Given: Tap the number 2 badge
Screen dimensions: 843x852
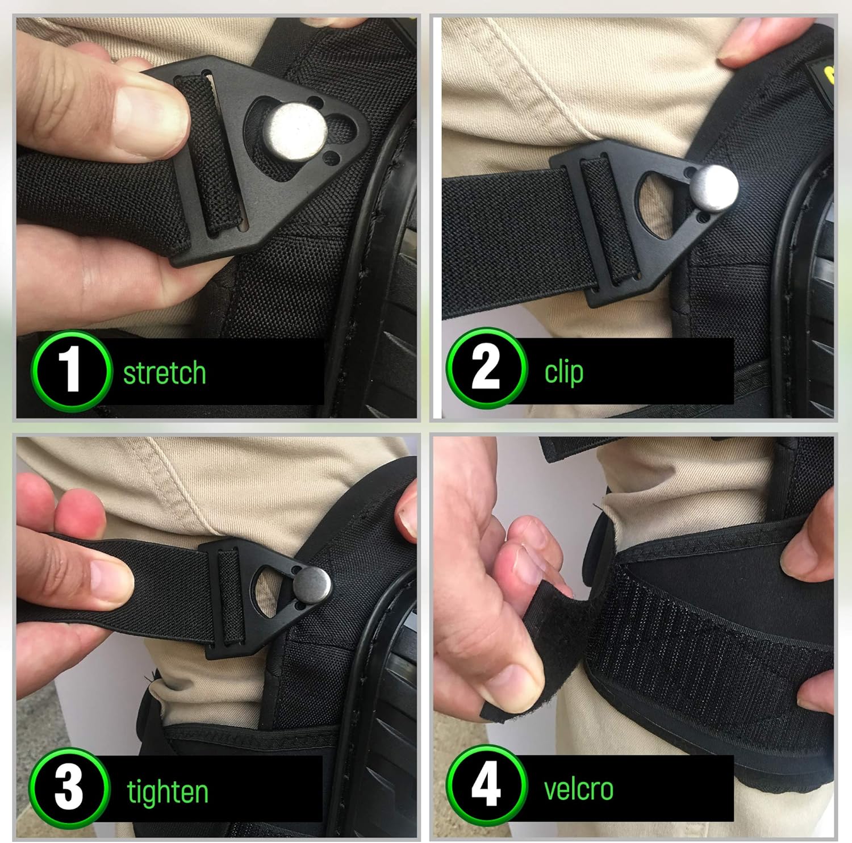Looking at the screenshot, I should pyautogui.click(x=486, y=368).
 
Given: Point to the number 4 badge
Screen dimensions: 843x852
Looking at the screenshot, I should pyautogui.click(x=486, y=786).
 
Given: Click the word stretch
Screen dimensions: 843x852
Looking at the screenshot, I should pyautogui.click(x=164, y=373).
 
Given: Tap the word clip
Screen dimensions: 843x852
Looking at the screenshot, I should pyautogui.click(x=563, y=372).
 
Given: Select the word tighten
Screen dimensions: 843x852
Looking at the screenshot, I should pyautogui.click(x=168, y=792).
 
